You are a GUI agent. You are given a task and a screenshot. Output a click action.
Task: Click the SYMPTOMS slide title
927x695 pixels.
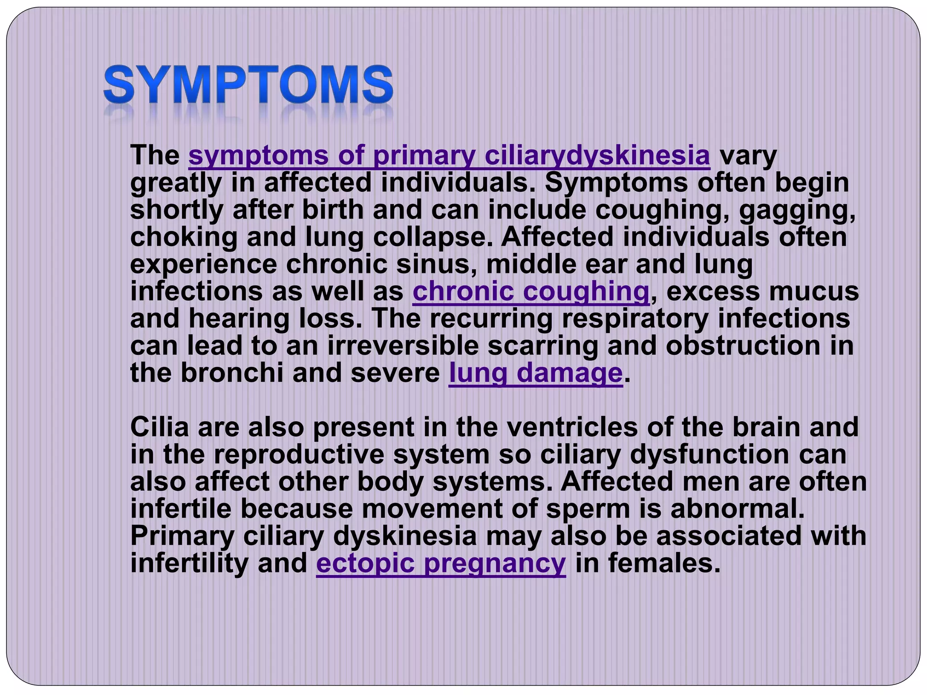coord(248,85)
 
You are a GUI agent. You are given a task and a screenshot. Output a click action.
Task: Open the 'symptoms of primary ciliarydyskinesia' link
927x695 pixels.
coord(449,156)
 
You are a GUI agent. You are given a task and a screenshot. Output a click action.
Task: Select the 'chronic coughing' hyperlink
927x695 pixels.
coord(531,291)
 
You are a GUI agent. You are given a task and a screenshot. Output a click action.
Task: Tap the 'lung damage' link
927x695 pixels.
coord(535,373)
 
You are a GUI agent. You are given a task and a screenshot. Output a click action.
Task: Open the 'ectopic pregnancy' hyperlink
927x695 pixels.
coord(441,563)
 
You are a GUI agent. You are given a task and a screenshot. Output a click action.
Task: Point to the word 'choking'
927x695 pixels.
coord(184,238)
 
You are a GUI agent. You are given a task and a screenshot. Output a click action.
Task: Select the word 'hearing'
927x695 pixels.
coord(239,319)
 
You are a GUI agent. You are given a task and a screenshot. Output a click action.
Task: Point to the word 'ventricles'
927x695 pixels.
coord(572,427)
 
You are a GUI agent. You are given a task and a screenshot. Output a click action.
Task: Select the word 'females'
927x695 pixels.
coord(664,563)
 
